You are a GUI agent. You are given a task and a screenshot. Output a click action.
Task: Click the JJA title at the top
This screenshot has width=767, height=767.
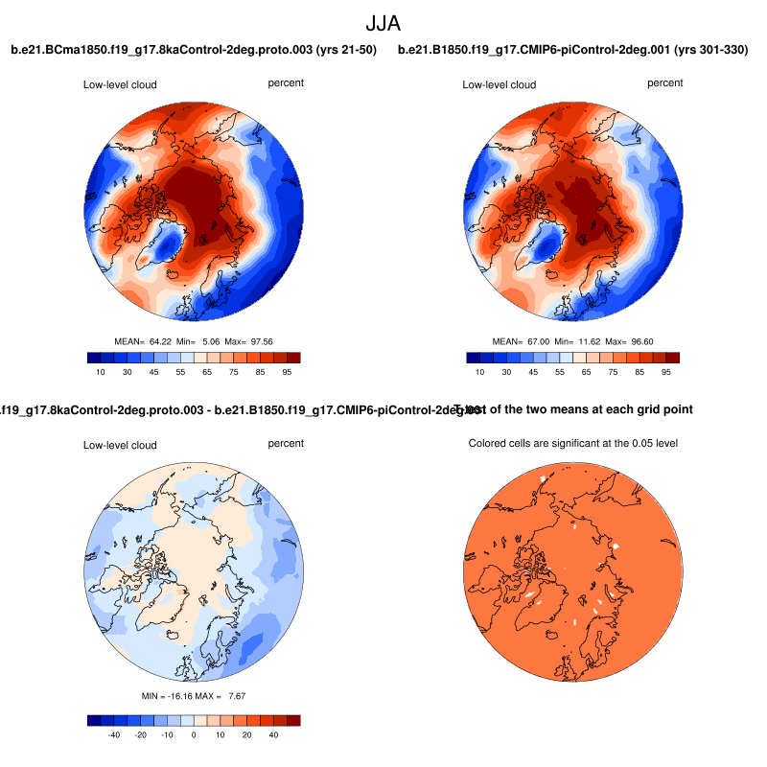[383, 22]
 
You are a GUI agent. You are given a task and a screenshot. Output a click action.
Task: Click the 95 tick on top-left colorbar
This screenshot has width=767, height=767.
[285, 372]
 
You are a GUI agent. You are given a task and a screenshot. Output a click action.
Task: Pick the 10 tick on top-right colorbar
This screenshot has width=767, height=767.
[480, 372]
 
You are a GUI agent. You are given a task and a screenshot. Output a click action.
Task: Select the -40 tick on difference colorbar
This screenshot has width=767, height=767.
[112, 734]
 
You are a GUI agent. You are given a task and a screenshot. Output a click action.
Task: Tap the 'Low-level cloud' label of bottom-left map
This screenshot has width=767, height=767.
[120, 445]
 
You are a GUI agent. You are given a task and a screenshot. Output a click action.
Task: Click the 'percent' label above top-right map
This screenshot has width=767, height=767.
[665, 83]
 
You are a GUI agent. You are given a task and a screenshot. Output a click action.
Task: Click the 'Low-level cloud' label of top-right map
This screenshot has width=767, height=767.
[500, 85]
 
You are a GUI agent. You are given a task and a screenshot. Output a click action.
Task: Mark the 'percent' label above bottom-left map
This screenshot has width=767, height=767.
[286, 444]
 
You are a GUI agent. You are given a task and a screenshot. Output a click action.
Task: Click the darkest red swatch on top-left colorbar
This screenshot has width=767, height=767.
[293, 358]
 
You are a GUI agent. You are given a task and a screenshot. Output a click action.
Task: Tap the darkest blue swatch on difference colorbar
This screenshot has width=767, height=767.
[93, 720]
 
